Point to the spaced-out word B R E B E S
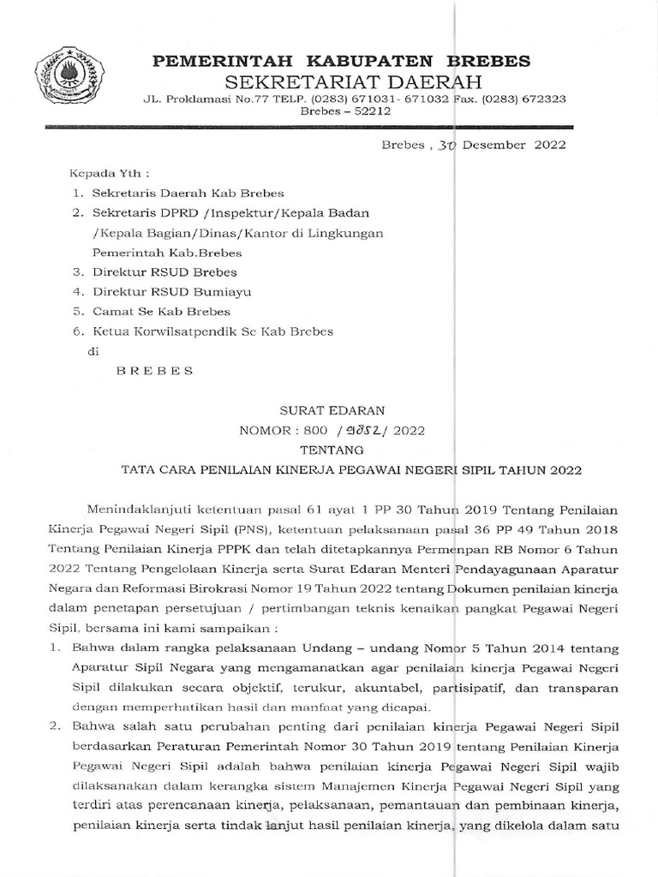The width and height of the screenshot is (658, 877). tap(154, 371)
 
